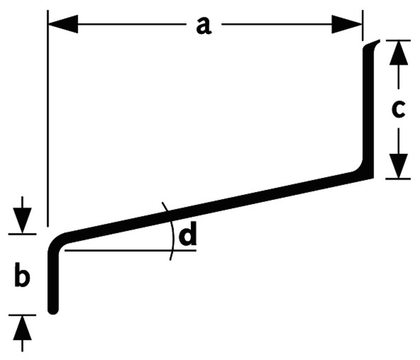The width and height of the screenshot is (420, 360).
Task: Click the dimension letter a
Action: pyautogui.click(x=204, y=26)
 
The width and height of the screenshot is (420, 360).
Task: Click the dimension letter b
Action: pyautogui.click(x=22, y=275)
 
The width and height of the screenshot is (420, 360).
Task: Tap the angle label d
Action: pyautogui.click(x=188, y=234)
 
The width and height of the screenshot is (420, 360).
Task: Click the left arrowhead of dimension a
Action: pyautogui.click(x=63, y=24)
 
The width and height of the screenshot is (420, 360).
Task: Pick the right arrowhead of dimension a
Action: pyautogui.click(x=347, y=24)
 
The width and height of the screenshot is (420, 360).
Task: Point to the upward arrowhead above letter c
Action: pyautogui.click(x=399, y=53)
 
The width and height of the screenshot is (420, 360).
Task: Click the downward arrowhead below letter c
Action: pyautogui.click(x=399, y=166)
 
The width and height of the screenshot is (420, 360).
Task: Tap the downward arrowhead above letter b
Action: pyautogui.click(x=22, y=221)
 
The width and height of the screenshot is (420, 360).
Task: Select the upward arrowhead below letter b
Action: pyautogui.click(x=23, y=328)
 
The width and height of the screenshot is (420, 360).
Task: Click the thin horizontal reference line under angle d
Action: pyautogui.click(x=130, y=250)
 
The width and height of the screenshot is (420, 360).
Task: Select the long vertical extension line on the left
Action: pyautogui.click(x=48, y=118)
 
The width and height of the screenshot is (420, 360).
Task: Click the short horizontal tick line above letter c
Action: pyautogui.click(x=398, y=40)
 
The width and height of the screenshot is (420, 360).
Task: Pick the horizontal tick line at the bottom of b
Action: pyautogui.click(x=22, y=315)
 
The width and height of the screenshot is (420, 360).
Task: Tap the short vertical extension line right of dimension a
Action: pyautogui.click(x=363, y=26)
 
